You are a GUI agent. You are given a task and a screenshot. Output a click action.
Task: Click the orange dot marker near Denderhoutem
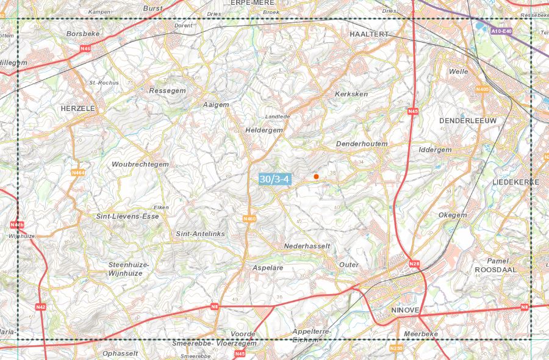[316, 176]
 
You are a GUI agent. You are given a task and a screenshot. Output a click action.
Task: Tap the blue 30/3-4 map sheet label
[274, 179]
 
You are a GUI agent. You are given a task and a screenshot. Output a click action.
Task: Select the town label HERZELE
[79, 108]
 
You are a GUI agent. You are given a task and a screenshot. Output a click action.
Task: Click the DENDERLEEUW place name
[468, 121]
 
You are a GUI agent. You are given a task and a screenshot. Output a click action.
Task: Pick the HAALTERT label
[369, 34]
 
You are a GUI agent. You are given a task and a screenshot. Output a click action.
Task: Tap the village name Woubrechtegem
[140, 165]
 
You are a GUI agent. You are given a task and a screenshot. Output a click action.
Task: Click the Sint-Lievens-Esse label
[127, 216]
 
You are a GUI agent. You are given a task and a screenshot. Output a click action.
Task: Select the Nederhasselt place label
[307, 246]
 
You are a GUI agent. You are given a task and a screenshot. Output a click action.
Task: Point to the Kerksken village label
[352, 95]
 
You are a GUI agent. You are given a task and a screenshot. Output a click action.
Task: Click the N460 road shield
[249, 218]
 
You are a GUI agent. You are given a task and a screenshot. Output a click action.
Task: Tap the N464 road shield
[77, 173]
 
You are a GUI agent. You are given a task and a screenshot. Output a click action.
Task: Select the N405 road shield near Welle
[483, 90]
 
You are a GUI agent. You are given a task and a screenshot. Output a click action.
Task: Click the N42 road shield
[41, 306]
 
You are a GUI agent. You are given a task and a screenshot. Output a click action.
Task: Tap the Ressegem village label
[167, 90]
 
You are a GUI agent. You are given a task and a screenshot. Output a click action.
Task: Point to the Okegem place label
[453, 215]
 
